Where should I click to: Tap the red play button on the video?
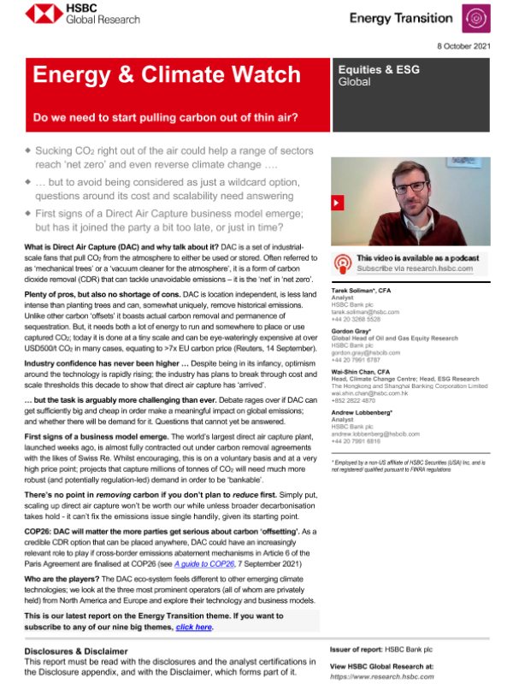[338, 203]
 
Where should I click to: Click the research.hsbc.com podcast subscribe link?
[415, 268]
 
